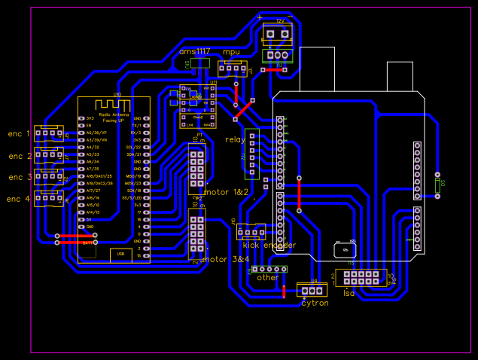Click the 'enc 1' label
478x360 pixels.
pyautogui.click(x=20, y=134)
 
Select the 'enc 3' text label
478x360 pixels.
pyautogui.click(x=20, y=177)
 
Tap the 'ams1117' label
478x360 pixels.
pyautogui.click(x=194, y=51)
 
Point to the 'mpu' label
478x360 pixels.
pyautogui.click(x=231, y=51)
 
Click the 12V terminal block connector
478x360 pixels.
pyautogui.click(x=276, y=33)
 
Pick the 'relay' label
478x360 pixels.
pyautogui.click(x=235, y=139)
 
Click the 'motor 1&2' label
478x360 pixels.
pyautogui.click(x=227, y=192)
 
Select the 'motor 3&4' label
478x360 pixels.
pyautogui.click(x=226, y=259)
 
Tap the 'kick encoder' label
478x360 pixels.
pyautogui.click(x=269, y=245)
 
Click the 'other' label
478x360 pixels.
pyautogui.click(x=267, y=277)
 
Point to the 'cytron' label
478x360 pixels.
pyautogui.click(x=315, y=303)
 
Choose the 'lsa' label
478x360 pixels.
pyautogui.click(x=349, y=293)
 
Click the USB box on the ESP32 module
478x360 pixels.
pyautogui.click(x=120, y=255)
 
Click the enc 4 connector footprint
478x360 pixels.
pyautogui.click(x=49, y=198)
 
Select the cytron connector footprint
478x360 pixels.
pyautogui.click(x=311, y=289)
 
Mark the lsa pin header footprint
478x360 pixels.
pyautogui.click(x=361, y=276)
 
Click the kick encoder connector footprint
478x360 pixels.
pyautogui.click(x=251, y=231)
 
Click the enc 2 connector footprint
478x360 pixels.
pyautogui.click(x=49, y=155)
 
